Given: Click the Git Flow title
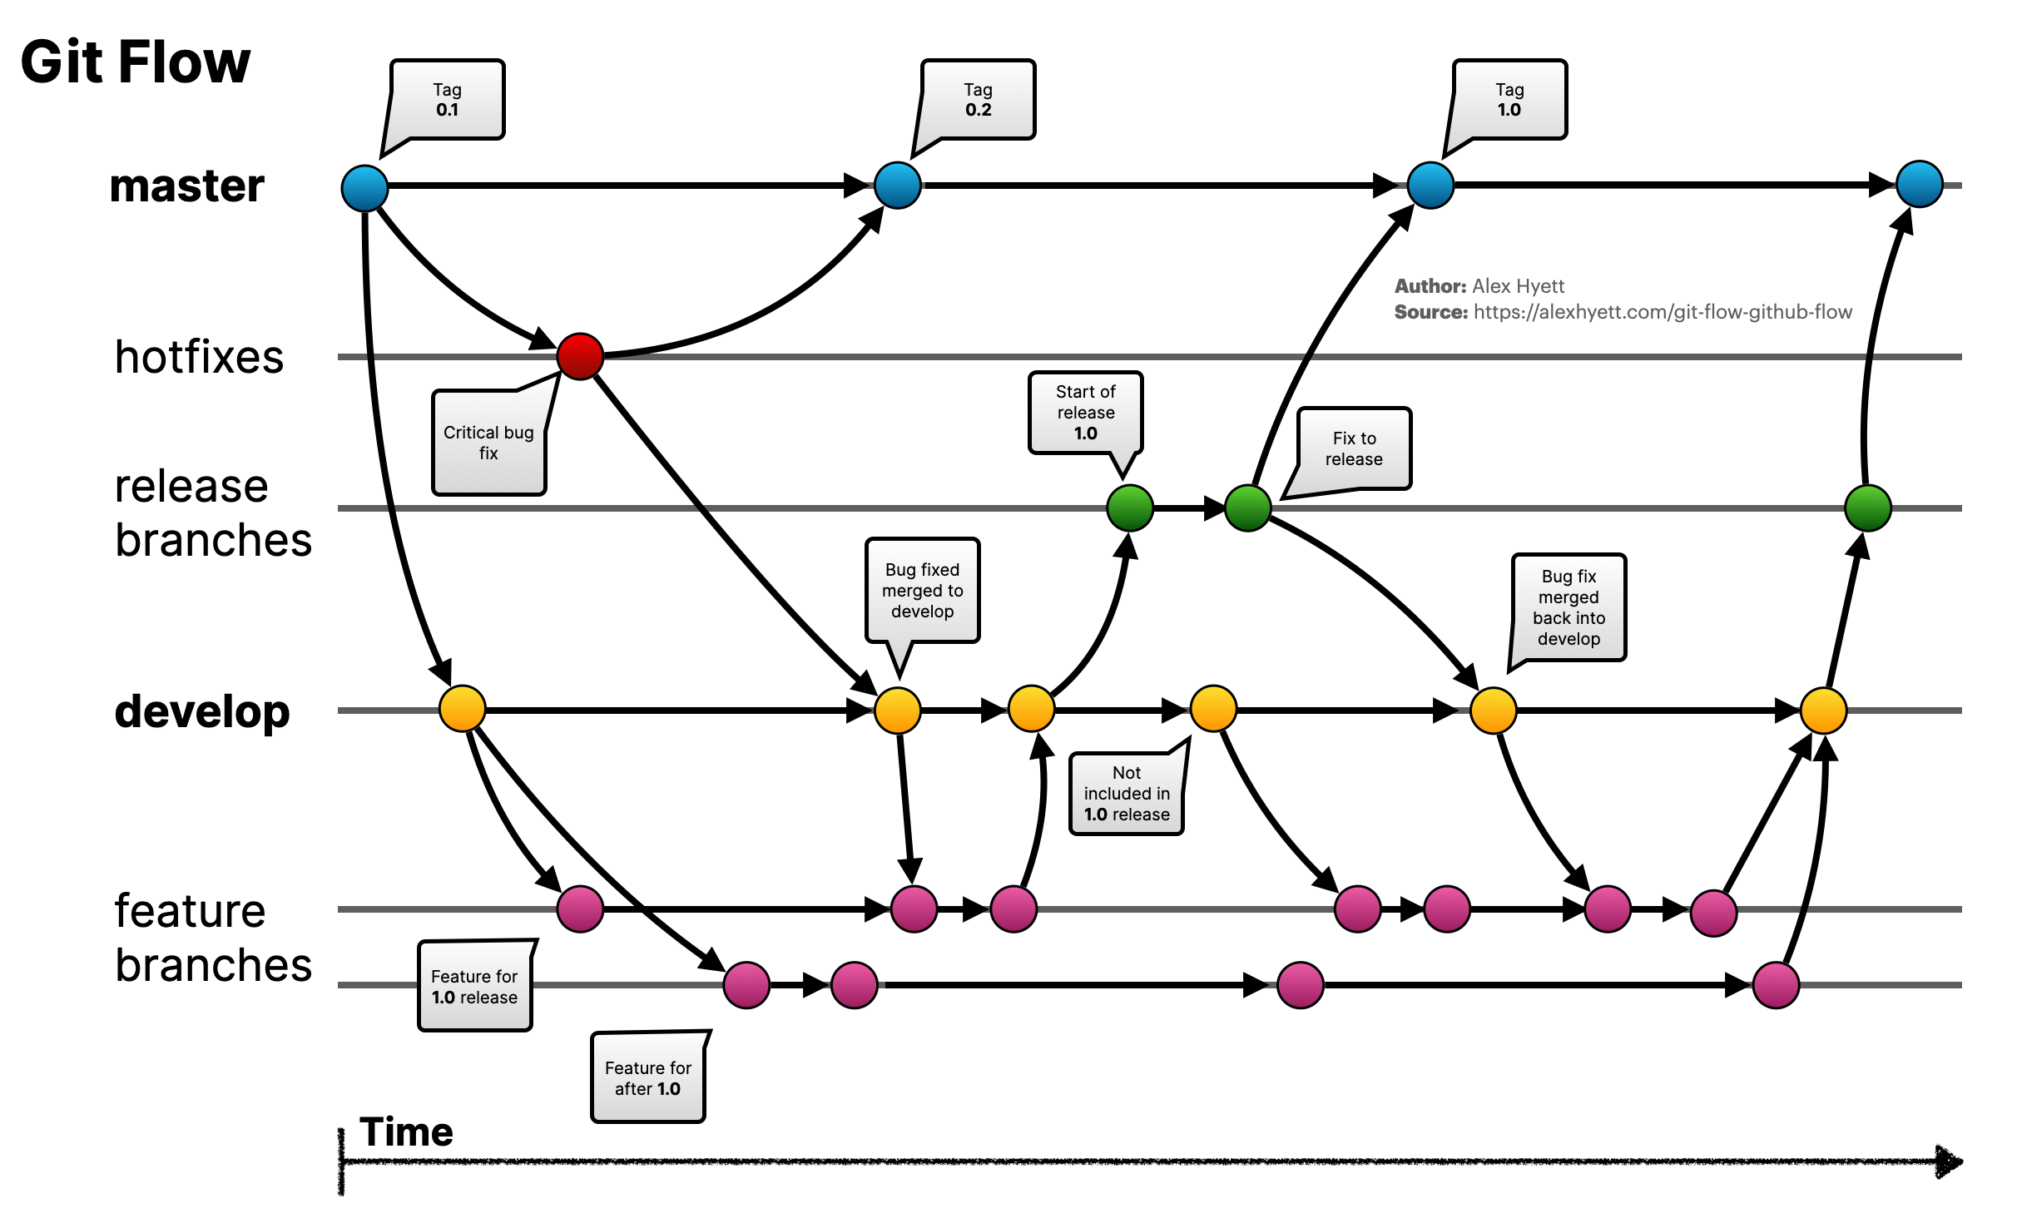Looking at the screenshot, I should click(135, 62).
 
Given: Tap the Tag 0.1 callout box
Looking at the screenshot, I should click(447, 100).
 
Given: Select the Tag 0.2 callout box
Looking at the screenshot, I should click(979, 100).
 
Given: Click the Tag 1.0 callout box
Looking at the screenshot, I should click(1509, 100).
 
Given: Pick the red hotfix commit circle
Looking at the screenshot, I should click(580, 356).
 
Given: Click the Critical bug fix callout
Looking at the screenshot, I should click(488, 443).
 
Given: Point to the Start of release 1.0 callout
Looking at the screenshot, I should click(1085, 413).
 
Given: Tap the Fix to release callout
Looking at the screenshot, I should click(1354, 448).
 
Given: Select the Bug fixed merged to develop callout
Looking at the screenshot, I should click(922, 591).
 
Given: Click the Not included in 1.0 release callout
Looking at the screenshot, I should click(1127, 794).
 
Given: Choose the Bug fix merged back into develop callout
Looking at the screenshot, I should click(1569, 608).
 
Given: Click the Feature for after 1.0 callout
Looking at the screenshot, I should click(647, 1078).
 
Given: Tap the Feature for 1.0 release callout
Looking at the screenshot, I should click(474, 987).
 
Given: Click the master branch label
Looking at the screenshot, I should click(187, 186).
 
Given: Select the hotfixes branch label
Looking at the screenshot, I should click(200, 357).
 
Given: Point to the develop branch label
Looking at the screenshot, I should click(202, 711).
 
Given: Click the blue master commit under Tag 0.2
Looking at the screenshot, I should click(898, 185).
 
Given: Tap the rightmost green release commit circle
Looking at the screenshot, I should click(1868, 508).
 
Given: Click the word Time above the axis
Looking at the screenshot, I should click(406, 1132).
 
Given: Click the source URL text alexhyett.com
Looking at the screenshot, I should click(1662, 312).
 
